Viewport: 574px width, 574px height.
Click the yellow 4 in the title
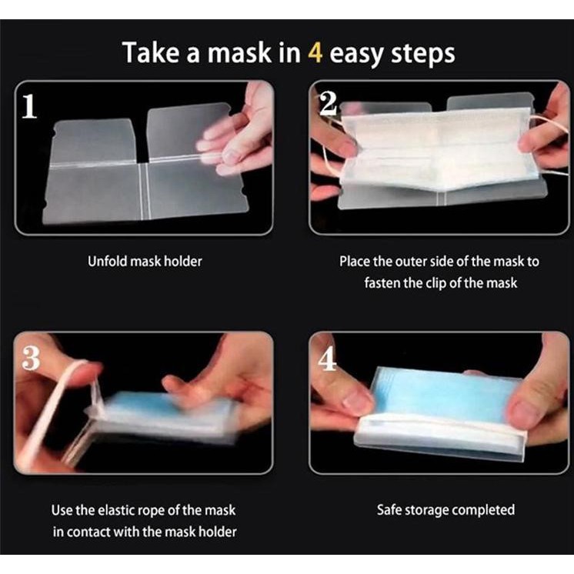click(x=315, y=52)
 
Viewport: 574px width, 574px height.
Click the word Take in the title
click(x=152, y=52)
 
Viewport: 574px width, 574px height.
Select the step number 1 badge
click(x=29, y=105)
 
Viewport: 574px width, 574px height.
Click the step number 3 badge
click(x=30, y=358)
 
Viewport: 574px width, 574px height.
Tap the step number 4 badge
click(x=327, y=359)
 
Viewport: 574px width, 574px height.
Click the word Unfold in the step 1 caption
click(x=108, y=262)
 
